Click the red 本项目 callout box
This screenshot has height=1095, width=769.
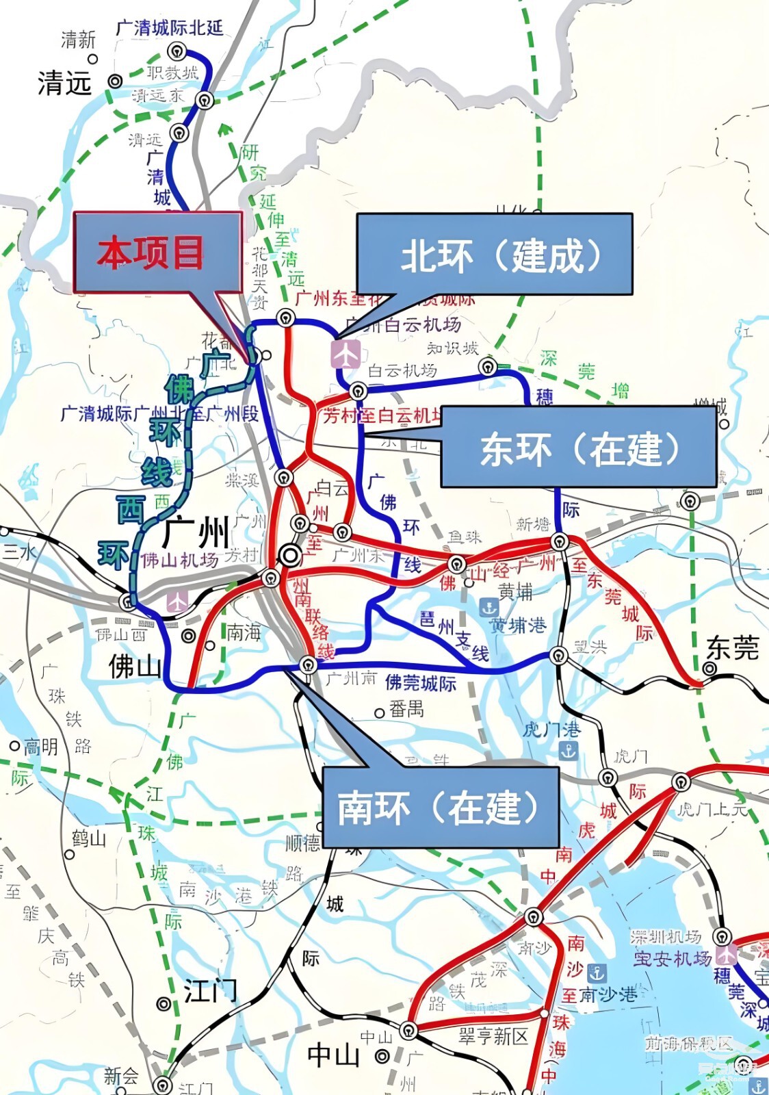tap(157, 252)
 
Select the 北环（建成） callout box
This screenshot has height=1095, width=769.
tap(494, 255)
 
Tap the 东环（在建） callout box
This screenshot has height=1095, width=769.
tap(578, 448)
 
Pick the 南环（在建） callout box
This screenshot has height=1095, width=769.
tap(440, 807)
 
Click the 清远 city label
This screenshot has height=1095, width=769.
tap(64, 83)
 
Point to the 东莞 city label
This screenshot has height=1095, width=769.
tap(733, 647)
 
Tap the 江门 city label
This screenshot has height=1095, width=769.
tap(210, 990)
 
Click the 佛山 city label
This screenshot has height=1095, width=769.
tap(135, 665)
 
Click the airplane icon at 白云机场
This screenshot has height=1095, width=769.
tap(346, 354)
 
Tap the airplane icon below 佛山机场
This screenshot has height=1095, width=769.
tap(177, 602)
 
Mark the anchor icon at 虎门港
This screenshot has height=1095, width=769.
tap(569, 751)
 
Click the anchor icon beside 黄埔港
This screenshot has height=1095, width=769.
tap(488, 607)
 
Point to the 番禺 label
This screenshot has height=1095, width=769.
tap(406, 710)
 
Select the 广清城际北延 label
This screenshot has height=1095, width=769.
tap(169, 28)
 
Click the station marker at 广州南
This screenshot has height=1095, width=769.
tap(309, 665)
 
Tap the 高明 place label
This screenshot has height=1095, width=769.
tap(41, 746)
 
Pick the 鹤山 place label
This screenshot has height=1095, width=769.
tap(89, 838)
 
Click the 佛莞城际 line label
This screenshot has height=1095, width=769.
tap(420, 682)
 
